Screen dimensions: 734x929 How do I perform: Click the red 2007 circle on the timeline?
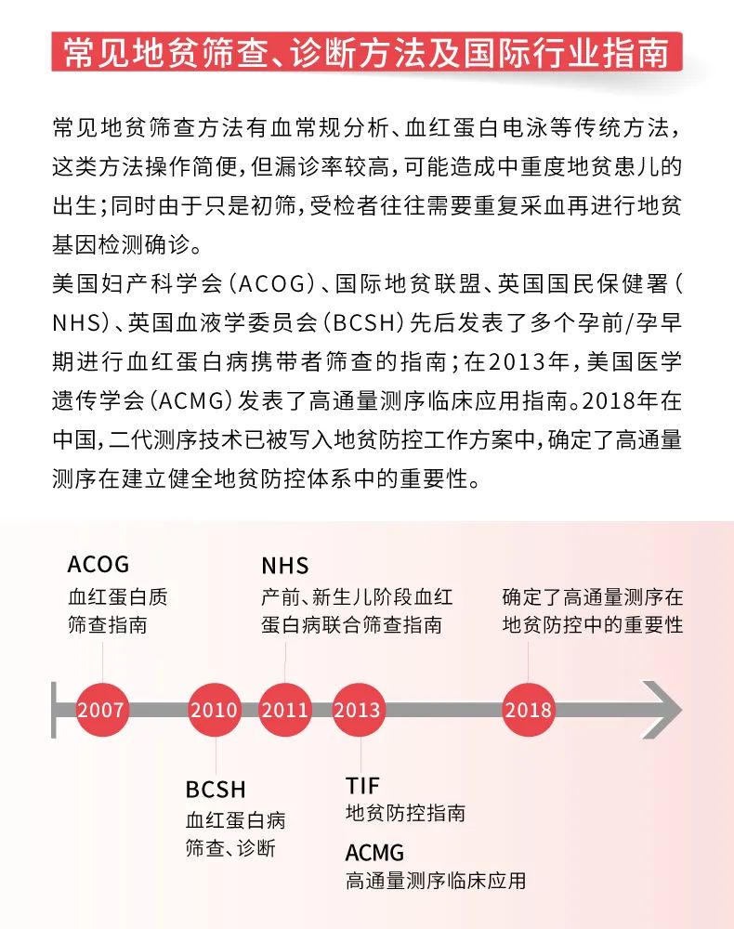(x=102, y=709)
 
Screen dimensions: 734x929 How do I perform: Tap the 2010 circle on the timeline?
(x=215, y=709)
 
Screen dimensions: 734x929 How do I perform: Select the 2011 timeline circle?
(x=285, y=709)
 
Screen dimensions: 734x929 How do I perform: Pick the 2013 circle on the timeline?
(x=359, y=709)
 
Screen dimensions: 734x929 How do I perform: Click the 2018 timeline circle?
(x=529, y=709)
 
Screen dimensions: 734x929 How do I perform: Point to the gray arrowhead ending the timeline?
(x=662, y=709)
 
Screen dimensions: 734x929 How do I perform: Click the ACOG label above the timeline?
(x=98, y=565)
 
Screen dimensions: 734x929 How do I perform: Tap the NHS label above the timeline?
(x=285, y=566)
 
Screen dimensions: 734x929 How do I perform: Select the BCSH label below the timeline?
(x=216, y=790)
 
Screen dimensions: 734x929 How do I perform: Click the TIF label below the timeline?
(x=362, y=786)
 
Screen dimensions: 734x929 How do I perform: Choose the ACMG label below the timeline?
(x=375, y=853)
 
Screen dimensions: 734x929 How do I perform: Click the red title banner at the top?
(x=367, y=52)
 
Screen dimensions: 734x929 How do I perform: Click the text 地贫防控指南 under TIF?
(x=406, y=813)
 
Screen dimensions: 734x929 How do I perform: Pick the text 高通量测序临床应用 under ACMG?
(x=436, y=881)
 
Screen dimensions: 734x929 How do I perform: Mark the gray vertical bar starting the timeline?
(x=54, y=710)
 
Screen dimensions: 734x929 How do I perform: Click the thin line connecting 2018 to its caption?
(x=529, y=661)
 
